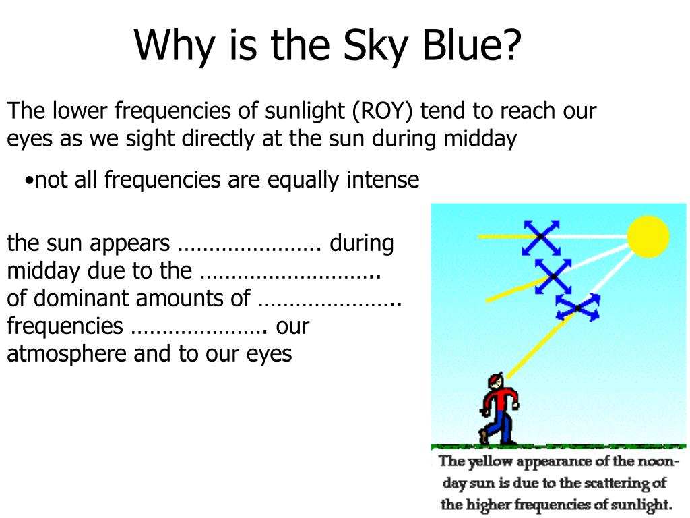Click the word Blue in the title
click(x=472, y=45)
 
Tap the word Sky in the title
click(x=375, y=47)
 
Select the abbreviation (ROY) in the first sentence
click(x=383, y=111)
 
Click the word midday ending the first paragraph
click(x=480, y=139)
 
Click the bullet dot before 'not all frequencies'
click(x=29, y=181)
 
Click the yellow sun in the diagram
click(x=648, y=237)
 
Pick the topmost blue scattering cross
click(x=541, y=237)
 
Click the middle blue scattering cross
click(x=554, y=276)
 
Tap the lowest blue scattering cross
click(x=577, y=308)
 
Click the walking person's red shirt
click(x=500, y=399)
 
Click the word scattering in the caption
click(x=610, y=483)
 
